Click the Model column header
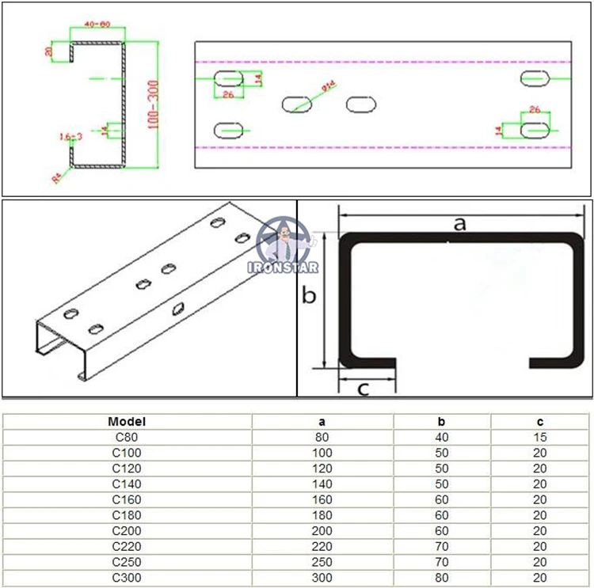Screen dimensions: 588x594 point(127,422)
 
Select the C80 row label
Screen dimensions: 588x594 point(127,437)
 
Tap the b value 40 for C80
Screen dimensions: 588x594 point(442,437)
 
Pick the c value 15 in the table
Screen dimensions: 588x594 point(540,437)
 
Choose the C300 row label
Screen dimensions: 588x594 point(127,578)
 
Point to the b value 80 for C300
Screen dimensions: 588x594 point(442,578)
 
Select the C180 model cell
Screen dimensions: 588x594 point(127,515)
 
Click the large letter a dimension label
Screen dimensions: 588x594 point(459,224)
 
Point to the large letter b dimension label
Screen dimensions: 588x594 point(310,296)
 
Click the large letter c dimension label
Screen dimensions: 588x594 point(363,388)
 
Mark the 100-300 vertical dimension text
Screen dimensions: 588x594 point(151,103)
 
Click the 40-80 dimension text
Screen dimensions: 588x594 point(97,25)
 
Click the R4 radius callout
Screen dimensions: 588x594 point(58,179)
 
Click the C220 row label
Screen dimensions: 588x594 point(127,546)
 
